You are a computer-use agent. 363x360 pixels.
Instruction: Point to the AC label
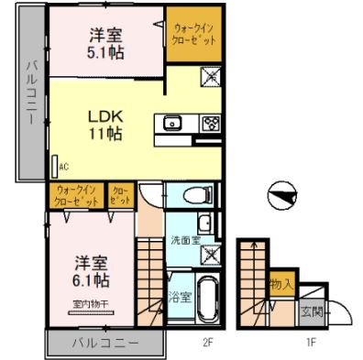point(63,167)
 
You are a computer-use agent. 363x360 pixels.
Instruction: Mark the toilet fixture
point(194,194)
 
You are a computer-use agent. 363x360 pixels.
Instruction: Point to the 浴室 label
point(179,296)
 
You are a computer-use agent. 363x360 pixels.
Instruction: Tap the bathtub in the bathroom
point(206,299)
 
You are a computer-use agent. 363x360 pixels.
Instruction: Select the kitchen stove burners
point(208,124)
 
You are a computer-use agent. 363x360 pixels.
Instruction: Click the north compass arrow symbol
point(280,193)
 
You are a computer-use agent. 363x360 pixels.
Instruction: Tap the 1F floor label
point(311,344)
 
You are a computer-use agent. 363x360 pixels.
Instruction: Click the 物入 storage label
point(280,285)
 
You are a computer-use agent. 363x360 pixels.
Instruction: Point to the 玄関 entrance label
point(312,312)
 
